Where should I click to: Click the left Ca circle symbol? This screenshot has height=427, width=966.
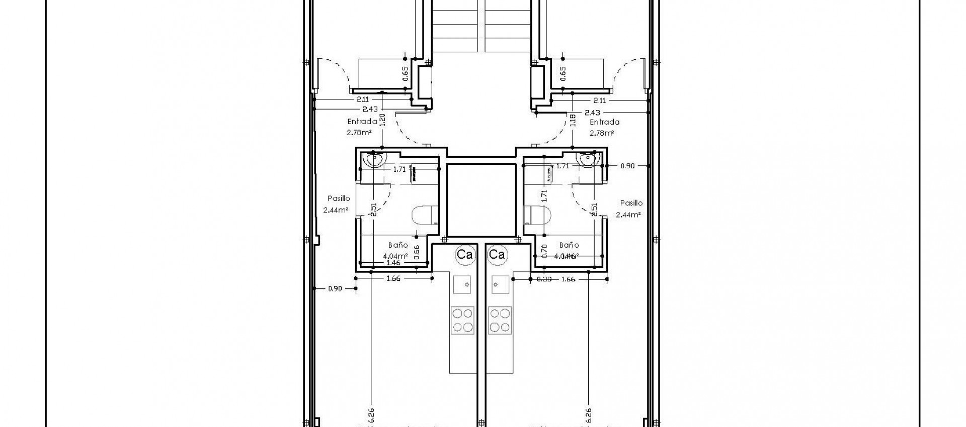(464, 255)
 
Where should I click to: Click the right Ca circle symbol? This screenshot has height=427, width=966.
(497, 255)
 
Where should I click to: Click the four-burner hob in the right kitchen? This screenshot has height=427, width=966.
(500, 320)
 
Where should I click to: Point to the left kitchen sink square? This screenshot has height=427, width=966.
(462, 284)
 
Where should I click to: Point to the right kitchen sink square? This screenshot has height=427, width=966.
(500, 284)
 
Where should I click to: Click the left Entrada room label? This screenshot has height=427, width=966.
(362, 122)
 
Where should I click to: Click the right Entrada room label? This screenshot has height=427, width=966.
(604, 122)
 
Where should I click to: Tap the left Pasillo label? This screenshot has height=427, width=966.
(339, 198)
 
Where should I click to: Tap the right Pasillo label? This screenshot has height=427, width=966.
(631, 203)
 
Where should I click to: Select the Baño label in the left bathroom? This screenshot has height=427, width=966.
(398, 245)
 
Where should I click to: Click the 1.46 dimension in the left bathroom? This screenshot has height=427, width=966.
(393, 263)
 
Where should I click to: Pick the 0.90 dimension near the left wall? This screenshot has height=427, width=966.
(335, 288)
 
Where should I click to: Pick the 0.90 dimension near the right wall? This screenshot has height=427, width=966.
(627, 166)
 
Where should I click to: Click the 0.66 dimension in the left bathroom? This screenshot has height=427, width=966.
(417, 252)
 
